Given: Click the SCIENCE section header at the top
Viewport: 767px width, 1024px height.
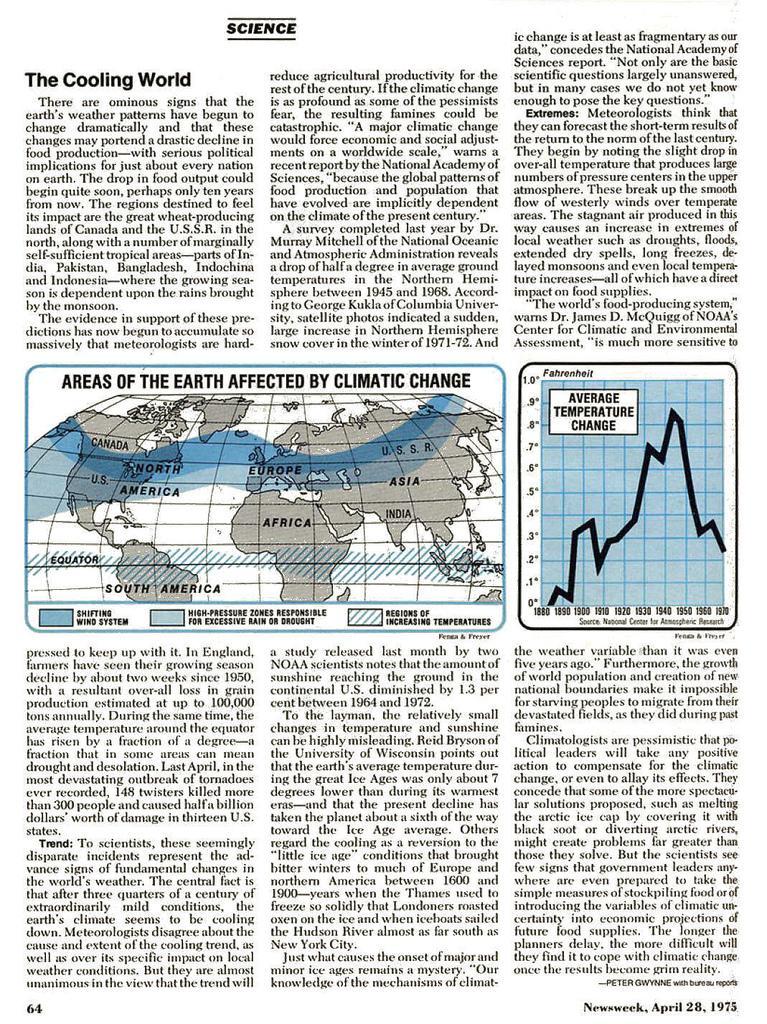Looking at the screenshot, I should click(260, 28).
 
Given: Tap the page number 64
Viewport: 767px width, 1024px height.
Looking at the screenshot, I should click(33, 1006).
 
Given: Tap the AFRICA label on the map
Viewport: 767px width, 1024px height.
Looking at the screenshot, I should click(287, 523).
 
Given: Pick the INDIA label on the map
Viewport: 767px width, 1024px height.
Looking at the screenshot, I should click(398, 514).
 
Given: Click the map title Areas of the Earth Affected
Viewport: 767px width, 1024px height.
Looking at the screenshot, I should click(265, 381).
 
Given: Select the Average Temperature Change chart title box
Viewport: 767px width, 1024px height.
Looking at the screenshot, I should click(593, 411).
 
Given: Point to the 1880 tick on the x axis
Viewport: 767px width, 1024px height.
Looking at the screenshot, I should click(543, 609).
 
